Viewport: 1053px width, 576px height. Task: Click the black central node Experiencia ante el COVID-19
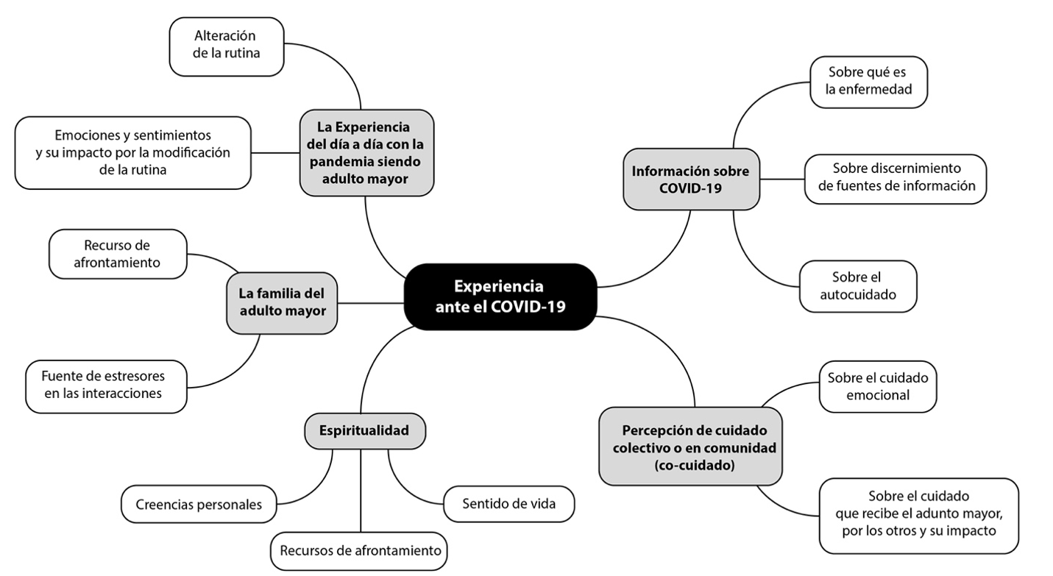pos(500,296)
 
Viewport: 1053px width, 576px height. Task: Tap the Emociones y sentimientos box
pos(132,152)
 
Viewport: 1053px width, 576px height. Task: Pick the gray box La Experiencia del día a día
pos(366,152)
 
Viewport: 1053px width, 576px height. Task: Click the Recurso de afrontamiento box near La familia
pos(117,254)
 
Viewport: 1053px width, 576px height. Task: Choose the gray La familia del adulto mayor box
pos(282,302)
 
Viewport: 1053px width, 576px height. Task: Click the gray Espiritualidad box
pos(364,430)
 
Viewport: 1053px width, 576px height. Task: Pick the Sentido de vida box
pos(508,504)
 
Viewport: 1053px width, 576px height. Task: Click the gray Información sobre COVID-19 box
pos(690,179)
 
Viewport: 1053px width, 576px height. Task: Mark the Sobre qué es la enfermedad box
pos(868,82)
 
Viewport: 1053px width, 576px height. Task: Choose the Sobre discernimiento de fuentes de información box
pos(896,177)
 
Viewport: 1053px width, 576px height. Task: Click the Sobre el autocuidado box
pos(857,286)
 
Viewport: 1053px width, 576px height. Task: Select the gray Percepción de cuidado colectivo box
pos(690,447)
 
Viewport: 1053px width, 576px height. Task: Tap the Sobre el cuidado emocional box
pos(877,386)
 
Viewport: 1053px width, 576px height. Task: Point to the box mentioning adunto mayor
pos(919,515)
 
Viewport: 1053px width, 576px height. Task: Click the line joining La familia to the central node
pos(370,302)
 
